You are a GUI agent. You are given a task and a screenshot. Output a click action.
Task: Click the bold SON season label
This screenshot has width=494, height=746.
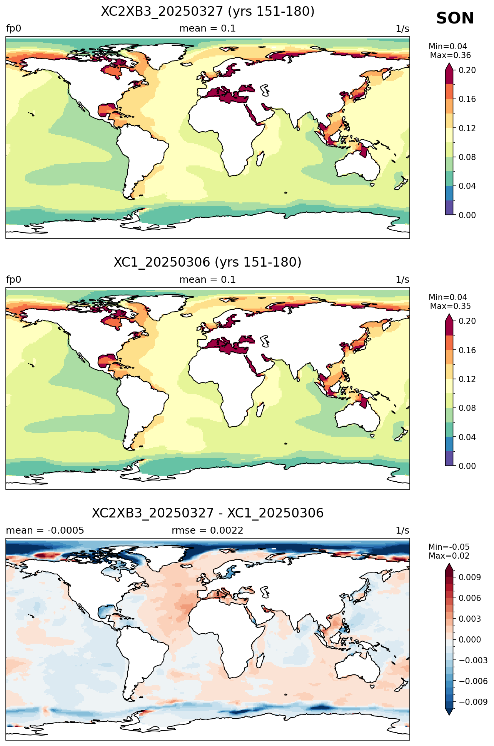click(455, 18)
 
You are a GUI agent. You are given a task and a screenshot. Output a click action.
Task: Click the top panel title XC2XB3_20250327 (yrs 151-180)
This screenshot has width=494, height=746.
click(208, 12)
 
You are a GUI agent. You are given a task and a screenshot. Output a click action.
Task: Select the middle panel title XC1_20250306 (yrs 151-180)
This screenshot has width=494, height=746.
click(208, 262)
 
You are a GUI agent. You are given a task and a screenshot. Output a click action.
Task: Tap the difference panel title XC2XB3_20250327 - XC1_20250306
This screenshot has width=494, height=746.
click(208, 513)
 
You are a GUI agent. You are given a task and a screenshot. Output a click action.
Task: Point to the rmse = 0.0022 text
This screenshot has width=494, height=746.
click(207, 531)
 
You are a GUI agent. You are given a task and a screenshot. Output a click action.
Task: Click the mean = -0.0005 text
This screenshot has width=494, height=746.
click(45, 531)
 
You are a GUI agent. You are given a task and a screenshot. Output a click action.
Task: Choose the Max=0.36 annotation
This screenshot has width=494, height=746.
click(450, 55)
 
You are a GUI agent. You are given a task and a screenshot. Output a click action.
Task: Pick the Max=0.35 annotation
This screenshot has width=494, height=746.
click(450, 306)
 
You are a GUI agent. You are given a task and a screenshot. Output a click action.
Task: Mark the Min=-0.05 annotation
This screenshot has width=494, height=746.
click(449, 547)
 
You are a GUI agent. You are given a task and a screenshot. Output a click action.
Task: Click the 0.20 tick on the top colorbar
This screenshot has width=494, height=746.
click(467, 70)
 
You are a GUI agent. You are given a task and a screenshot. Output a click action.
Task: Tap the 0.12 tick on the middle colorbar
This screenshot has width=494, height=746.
click(467, 379)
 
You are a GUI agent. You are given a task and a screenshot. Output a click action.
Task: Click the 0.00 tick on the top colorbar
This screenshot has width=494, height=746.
click(467, 215)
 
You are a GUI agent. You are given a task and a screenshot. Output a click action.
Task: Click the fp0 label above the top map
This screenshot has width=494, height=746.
click(13, 29)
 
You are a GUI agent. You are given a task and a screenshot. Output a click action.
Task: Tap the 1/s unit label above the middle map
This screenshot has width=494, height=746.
click(402, 280)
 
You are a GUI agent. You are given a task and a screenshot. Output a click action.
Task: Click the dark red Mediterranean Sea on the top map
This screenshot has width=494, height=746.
click(227, 94)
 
